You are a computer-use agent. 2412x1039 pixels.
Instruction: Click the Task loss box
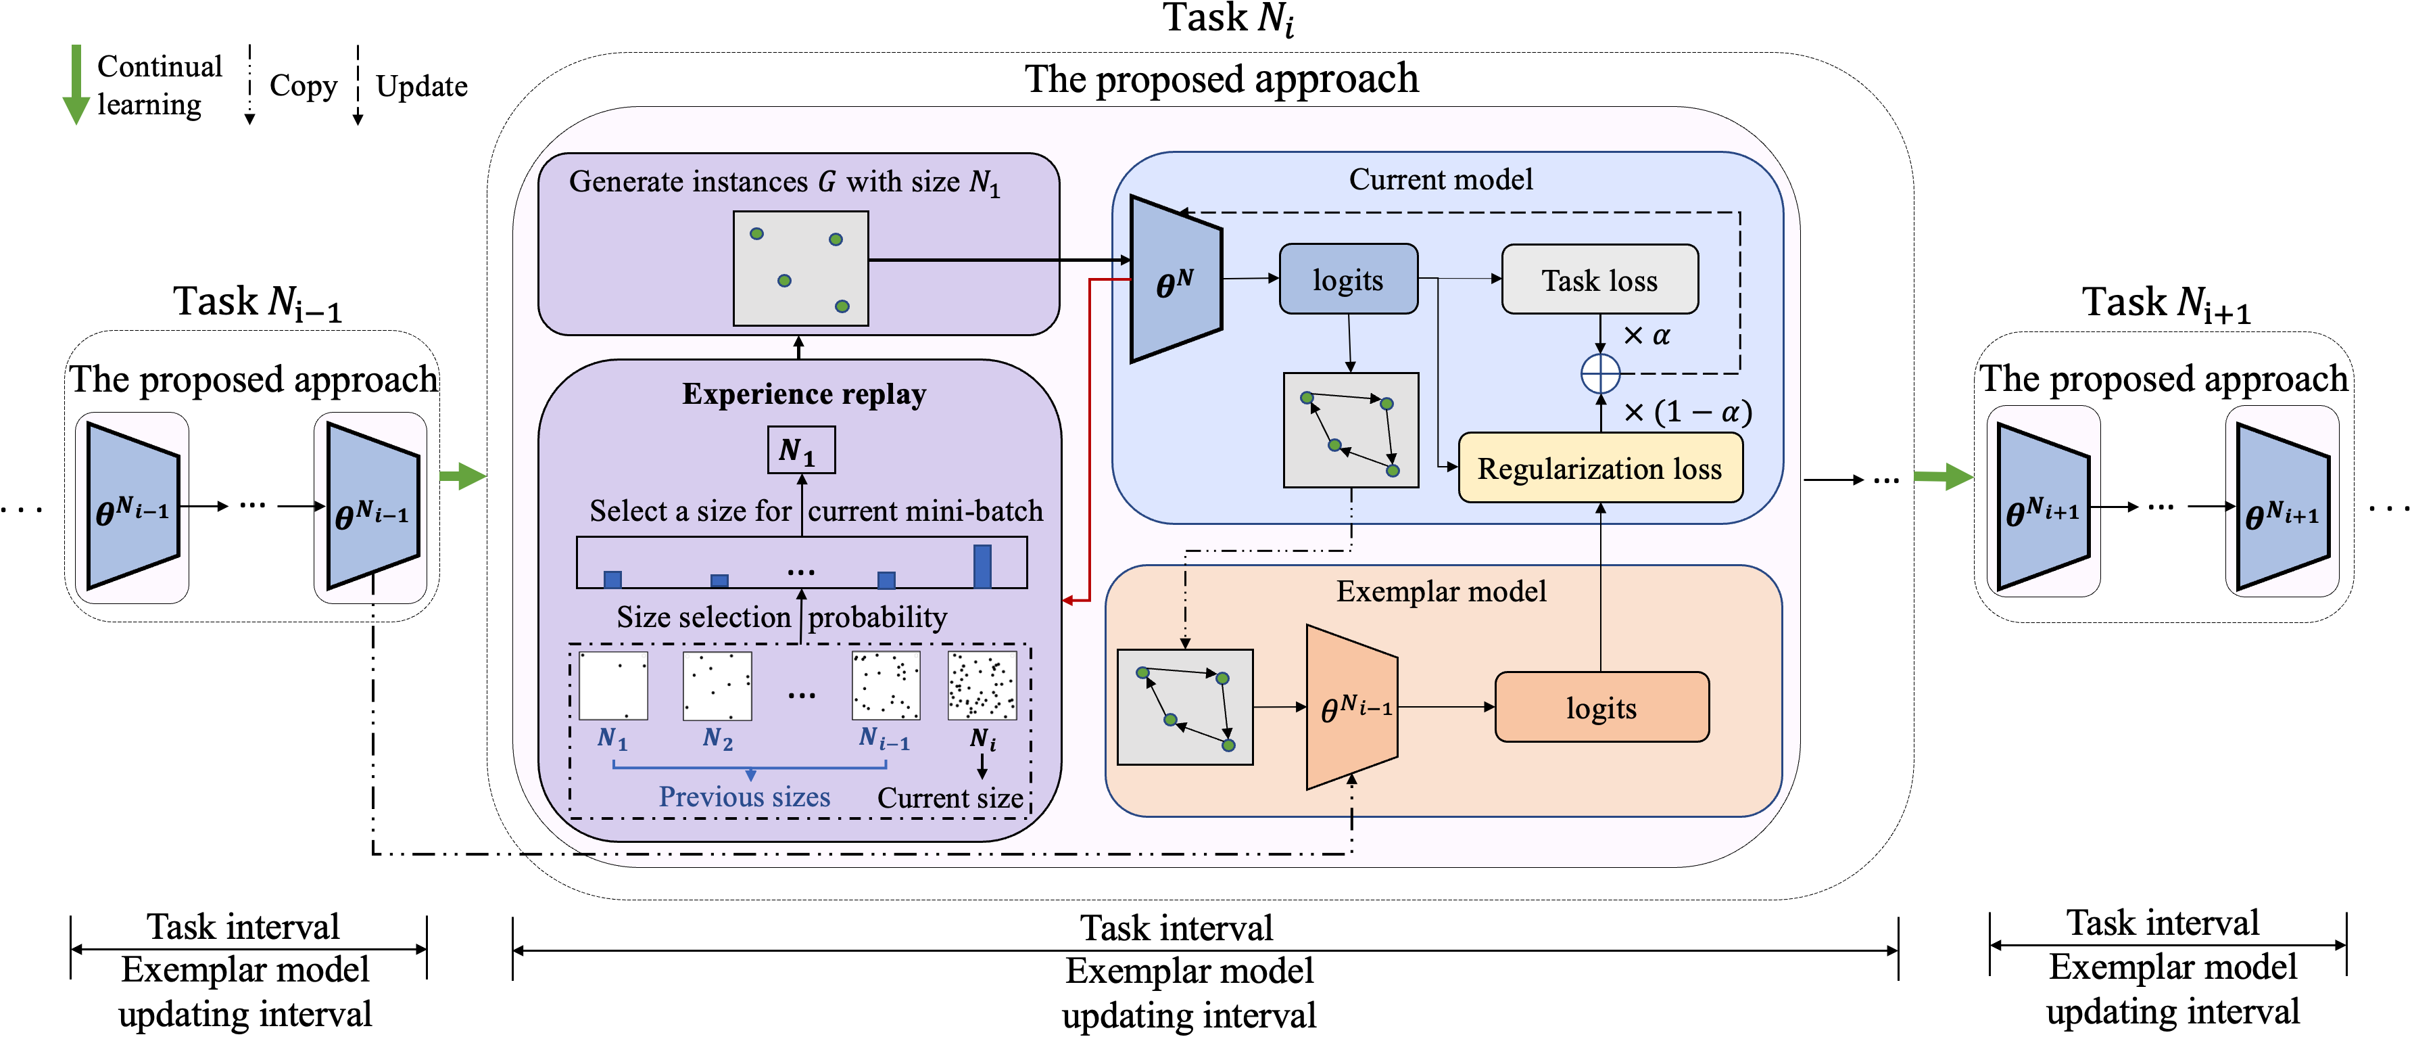[x=1599, y=279]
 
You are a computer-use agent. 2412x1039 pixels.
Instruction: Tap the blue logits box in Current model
[x=1347, y=279]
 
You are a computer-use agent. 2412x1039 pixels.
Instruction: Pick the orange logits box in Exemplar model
[x=1601, y=708]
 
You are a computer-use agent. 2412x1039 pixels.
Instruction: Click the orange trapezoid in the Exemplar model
[x=1352, y=708]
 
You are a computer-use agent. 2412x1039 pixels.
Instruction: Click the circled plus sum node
[x=1600, y=374]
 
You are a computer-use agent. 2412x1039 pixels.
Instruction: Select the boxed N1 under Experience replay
[x=800, y=451]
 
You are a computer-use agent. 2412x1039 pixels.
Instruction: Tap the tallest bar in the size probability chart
[x=982, y=566]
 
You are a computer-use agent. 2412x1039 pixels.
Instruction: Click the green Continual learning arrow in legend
[x=76, y=85]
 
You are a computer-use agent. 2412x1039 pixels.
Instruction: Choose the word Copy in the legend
[x=302, y=85]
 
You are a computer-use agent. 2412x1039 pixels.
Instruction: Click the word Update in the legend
[x=421, y=86]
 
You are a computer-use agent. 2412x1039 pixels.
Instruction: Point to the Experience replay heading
[x=803, y=394]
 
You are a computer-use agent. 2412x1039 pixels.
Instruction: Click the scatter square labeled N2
[x=717, y=686]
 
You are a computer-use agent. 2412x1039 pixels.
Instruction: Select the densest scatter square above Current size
[x=982, y=686]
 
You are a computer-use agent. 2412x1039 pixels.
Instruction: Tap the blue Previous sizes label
[x=744, y=796]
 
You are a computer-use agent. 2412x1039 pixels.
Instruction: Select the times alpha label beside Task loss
[x=1646, y=336]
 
